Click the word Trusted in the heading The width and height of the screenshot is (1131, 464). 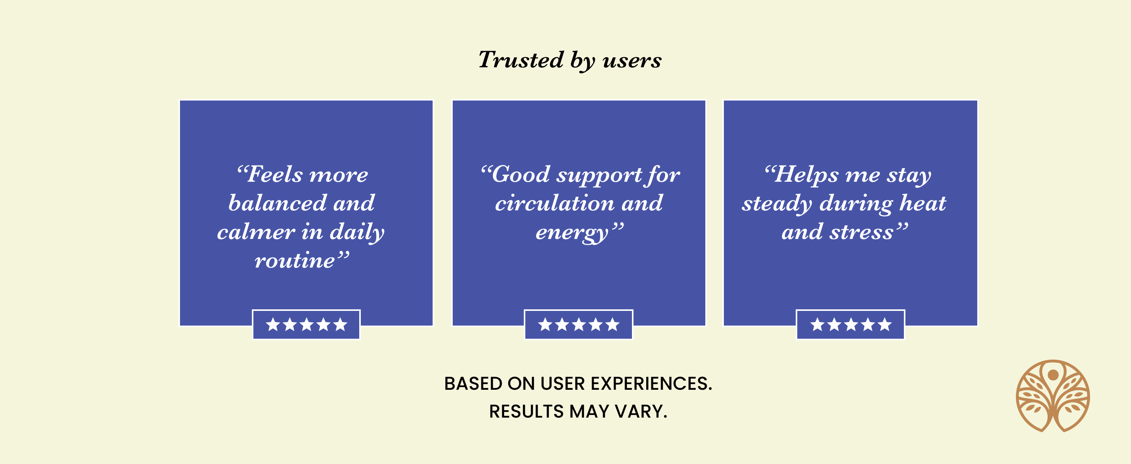[x=521, y=60]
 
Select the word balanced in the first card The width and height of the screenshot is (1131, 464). [x=277, y=203]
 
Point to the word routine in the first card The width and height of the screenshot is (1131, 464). [x=295, y=261]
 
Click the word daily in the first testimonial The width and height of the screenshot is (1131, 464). [x=357, y=232]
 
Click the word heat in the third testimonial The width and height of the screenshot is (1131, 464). [x=922, y=203]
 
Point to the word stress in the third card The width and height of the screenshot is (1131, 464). [x=861, y=232]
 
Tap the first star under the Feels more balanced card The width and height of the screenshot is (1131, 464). [x=273, y=325]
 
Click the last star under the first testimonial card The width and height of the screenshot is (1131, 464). [x=340, y=325]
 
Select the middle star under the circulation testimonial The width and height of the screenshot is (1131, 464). [x=579, y=325]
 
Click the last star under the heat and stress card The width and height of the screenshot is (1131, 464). [x=885, y=325]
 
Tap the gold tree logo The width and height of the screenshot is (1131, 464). [x=1053, y=396]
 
